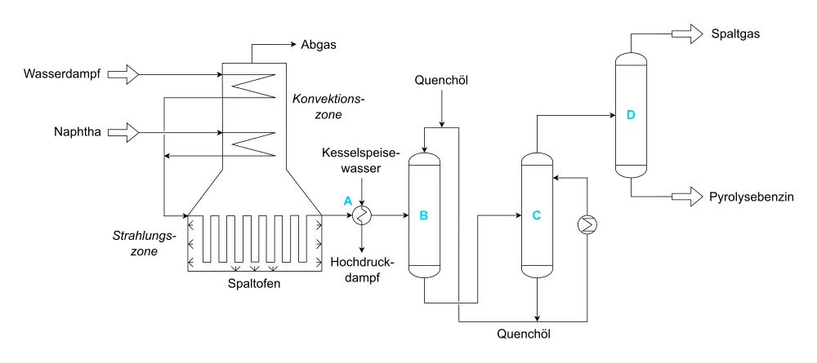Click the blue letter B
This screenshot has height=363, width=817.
click(x=423, y=216)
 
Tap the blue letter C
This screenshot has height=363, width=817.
click(x=536, y=216)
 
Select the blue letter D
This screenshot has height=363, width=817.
click(x=631, y=115)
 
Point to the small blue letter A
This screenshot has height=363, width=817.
click(x=346, y=200)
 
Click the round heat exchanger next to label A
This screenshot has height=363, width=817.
click(x=362, y=215)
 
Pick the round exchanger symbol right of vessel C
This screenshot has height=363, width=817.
click(x=587, y=224)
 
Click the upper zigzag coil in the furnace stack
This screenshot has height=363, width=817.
click(x=254, y=86)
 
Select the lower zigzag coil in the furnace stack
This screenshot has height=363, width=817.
click(x=254, y=144)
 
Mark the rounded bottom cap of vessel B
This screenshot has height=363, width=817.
click(x=424, y=272)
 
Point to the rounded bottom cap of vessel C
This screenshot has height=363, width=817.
click(x=537, y=272)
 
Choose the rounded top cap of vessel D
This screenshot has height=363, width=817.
click(x=631, y=59)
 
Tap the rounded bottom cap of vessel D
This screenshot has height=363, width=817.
click(x=631, y=171)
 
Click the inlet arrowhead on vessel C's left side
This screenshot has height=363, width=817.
click(x=519, y=215)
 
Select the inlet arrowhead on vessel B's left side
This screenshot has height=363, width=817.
click(x=406, y=215)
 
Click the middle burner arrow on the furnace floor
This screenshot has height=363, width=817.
click(x=254, y=268)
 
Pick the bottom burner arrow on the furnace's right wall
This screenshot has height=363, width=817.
click(x=318, y=262)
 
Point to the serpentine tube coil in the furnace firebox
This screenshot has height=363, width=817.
click(x=254, y=239)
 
